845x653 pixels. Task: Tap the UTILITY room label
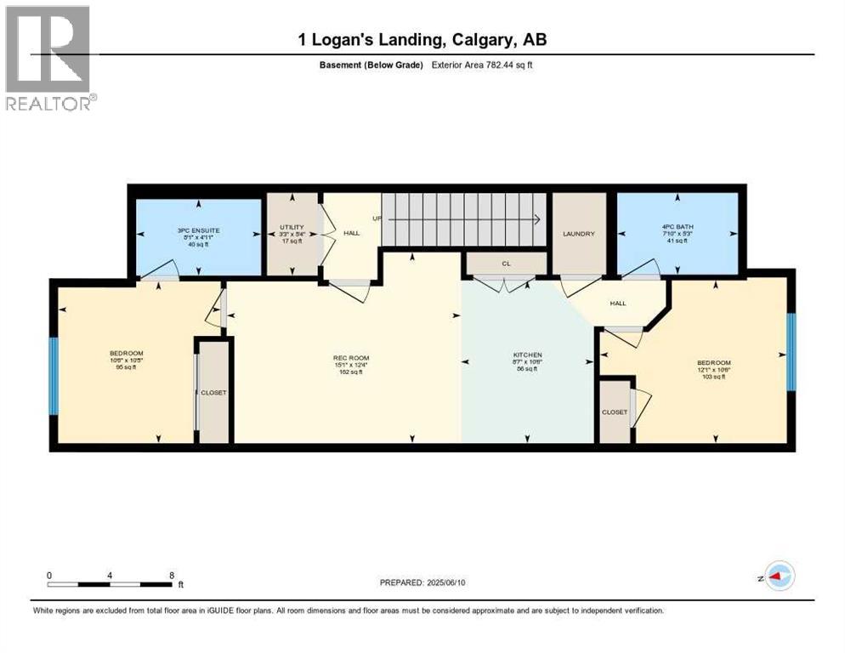click(292, 228)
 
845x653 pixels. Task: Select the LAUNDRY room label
click(579, 234)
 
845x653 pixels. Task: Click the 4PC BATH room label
click(678, 226)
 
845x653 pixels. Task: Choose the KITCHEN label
click(527, 355)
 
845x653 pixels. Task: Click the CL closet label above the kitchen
click(506, 264)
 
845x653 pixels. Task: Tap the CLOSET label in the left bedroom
click(213, 393)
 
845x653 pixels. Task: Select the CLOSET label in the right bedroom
click(614, 412)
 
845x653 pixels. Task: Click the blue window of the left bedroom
click(53, 376)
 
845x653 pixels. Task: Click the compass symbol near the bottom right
click(780, 576)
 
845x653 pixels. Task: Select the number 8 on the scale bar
click(172, 575)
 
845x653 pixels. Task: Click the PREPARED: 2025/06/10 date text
click(422, 582)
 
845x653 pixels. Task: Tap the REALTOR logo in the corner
click(48, 58)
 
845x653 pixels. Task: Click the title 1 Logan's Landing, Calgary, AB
click(422, 39)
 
